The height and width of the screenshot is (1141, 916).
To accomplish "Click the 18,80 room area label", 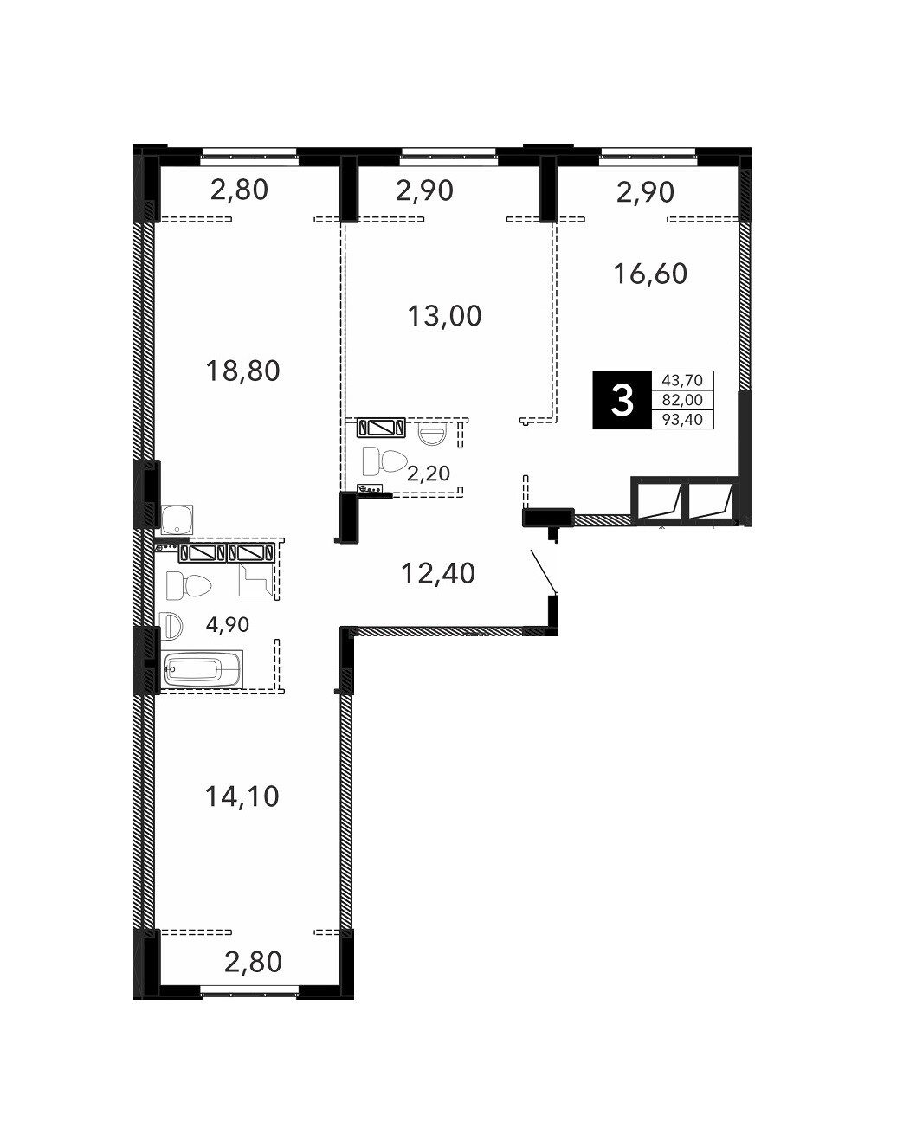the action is coord(242,371).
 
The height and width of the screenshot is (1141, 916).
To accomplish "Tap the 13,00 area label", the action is coord(444,315).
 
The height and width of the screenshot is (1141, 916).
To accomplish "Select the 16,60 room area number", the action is coord(650,274).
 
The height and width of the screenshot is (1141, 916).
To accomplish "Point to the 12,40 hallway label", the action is coord(437,573).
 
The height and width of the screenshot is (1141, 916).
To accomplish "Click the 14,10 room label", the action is coord(242,796).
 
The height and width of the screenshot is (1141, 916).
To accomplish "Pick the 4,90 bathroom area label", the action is coord(228,624).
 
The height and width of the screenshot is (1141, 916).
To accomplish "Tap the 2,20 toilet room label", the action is coord(428,473).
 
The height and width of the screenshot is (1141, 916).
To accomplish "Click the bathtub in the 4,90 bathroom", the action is coord(201,670).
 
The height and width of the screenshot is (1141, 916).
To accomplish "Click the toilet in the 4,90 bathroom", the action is coord(189,586).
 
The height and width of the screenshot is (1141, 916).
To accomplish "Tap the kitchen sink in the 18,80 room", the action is coord(177,519).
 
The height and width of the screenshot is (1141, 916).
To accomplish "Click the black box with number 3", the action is coord(622,400).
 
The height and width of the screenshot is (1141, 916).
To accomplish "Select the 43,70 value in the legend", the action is coord(682,380).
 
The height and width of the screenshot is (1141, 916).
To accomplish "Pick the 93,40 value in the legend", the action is coord(682,419).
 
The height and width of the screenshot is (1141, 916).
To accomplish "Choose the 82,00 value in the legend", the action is coord(682,400).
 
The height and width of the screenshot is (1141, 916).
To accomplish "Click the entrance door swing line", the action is coord(544,571).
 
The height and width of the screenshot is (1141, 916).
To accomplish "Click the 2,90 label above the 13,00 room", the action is coord(424,190).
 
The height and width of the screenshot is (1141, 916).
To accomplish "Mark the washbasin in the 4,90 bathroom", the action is coord(171,626).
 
